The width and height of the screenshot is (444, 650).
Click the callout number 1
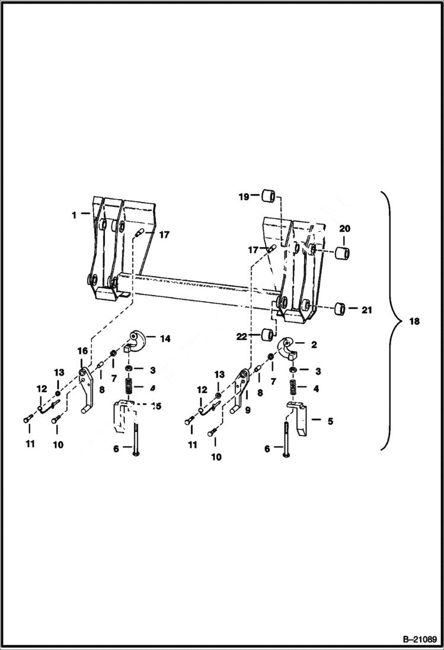74,216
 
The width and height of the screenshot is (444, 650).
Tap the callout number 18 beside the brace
414,322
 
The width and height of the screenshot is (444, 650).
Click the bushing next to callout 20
342,254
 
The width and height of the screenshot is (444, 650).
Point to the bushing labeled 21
341,309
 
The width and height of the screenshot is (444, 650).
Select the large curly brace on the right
388,320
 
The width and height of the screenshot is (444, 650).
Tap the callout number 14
165,338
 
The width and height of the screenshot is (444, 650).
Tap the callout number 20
344,228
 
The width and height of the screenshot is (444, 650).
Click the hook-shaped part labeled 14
137,342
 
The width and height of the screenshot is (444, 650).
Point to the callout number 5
331,421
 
